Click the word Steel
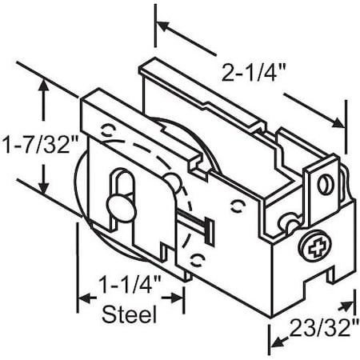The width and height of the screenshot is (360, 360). (130, 314)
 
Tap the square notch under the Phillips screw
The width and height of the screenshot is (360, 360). (328, 277)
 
